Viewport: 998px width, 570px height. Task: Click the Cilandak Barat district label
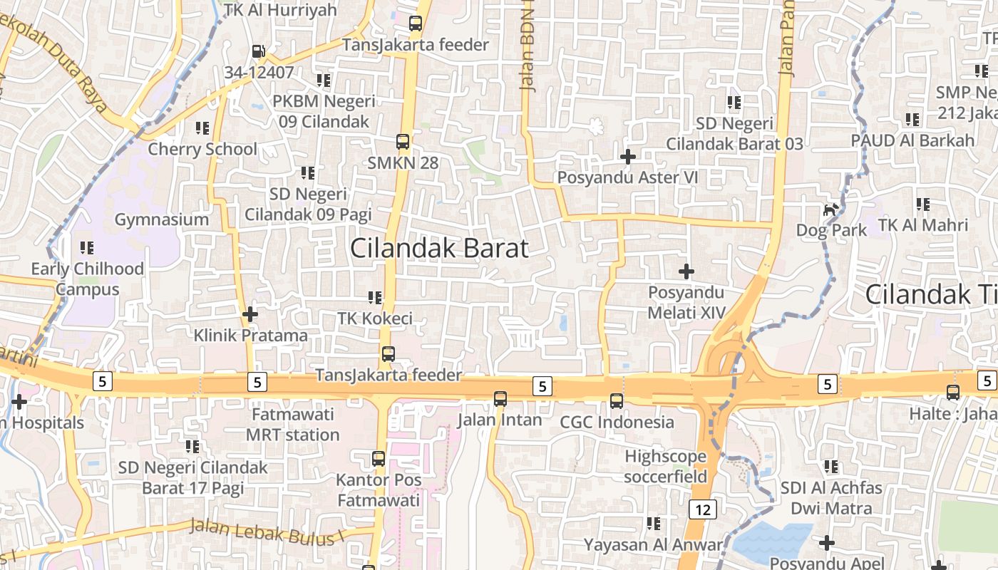[439, 248]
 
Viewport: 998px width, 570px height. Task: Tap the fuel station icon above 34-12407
[258, 51]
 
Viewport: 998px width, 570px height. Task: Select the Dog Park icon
[830, 209]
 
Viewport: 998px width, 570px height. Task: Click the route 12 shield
[703, 509]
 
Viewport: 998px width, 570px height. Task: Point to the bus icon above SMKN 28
[403, 141]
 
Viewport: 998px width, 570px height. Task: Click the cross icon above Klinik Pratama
[250, 313]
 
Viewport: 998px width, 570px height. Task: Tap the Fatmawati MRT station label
[292, 425]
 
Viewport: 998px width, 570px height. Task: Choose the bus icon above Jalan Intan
[500, 398]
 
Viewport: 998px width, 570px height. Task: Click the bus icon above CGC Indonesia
[617, 401]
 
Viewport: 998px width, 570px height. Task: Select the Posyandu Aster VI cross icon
[628, 156]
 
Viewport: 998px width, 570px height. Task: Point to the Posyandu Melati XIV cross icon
[686, 271]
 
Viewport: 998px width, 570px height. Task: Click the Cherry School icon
[202, 128]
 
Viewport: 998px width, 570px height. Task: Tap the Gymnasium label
[162, 219]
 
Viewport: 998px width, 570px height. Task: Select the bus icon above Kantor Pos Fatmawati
[379, 459]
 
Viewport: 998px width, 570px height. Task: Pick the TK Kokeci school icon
[375, 297]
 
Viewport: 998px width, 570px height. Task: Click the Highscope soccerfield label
[665, 466]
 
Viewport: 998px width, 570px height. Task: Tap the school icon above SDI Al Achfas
[831, 467]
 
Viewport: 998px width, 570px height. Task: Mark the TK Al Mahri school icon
[923, 204]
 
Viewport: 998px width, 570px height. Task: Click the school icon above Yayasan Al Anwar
[653, 524]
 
